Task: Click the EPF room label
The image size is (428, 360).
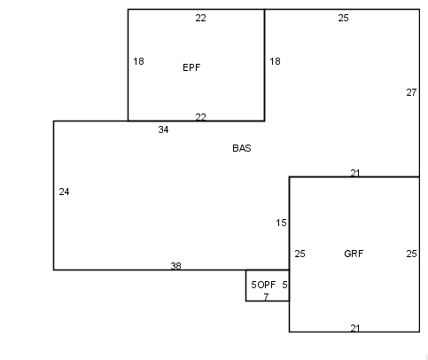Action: pyautogui.click(x=191, y=67)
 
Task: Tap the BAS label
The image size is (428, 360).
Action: pyautogui.click(x=242, y=148)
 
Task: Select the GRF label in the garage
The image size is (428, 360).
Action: pyautogui.click(x=354, y=254)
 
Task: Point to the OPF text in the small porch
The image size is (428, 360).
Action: pyautogui.click(x=266, y=285)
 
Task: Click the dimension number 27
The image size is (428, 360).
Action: pyautogui.click(x=411, y=92)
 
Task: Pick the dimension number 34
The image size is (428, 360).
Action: pyautogui.click(x=163, y=129)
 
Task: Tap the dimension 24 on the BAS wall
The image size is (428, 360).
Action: pyautogui.click(x=64, y=192)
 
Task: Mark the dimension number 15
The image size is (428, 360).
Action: pyautogui.click(x=281, y=223)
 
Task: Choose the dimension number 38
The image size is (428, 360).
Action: pyautogui.click(x=175, y=266)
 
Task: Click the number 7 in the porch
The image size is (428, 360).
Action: pyautogui.click(x=266, y=297)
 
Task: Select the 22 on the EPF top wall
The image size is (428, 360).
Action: pyautogui.click(x=200, y=18)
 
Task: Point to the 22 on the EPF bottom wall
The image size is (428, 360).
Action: pyautogui.click(x=200, y=117)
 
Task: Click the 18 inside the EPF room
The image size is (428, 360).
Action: pyautogui.click(x=138, y=61)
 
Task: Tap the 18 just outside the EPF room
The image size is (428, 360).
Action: pyautogui.click(x=275, y=61)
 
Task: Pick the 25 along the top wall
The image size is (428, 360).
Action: pyautogui.click(x=343, y=18)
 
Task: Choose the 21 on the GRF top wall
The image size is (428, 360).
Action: pyautogui.click(x=355, y=173)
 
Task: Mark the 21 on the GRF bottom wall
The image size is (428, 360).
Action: pyautogui.click(x=355, y=328)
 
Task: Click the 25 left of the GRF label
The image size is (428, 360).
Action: pyautogui.click(x=300, y=254)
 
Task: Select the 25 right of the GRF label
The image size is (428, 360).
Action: pyautogui.click(x=411, y=254)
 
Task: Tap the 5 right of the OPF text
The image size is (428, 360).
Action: pyautogui.click(x=284, y=285)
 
